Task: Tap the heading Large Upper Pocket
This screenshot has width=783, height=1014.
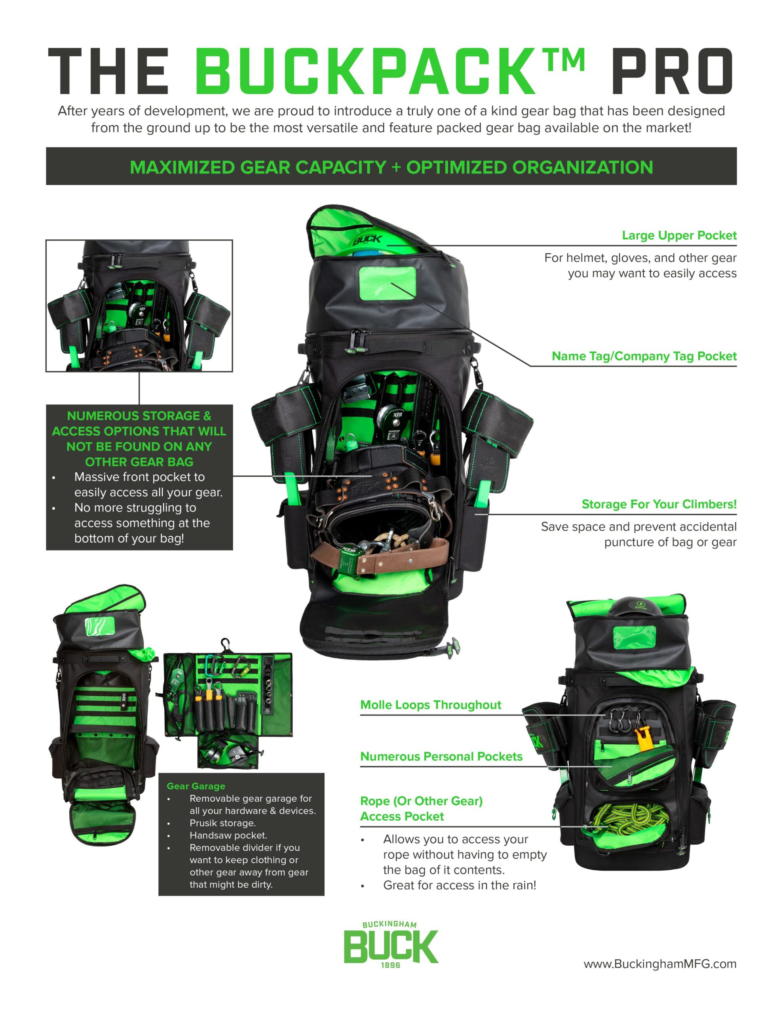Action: click(678, 235)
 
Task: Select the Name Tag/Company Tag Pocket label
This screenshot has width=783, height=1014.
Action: click(644, 356)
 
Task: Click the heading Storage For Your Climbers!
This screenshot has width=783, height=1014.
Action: click(659, 504)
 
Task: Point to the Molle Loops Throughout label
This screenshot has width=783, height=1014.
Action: click(430, 705)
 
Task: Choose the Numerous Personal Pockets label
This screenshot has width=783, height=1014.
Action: click(441, 756)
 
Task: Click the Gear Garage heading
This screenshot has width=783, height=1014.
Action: click(196, 786)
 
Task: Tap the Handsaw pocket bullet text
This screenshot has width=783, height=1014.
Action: click(228, 835)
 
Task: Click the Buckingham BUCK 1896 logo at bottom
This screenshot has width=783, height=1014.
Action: click(391, 945)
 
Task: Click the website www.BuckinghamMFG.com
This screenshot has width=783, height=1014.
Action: click(659, 964)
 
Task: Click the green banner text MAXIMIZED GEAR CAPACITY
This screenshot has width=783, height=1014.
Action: click(258, 167)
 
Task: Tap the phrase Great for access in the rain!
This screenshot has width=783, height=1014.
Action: click(459, 885)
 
